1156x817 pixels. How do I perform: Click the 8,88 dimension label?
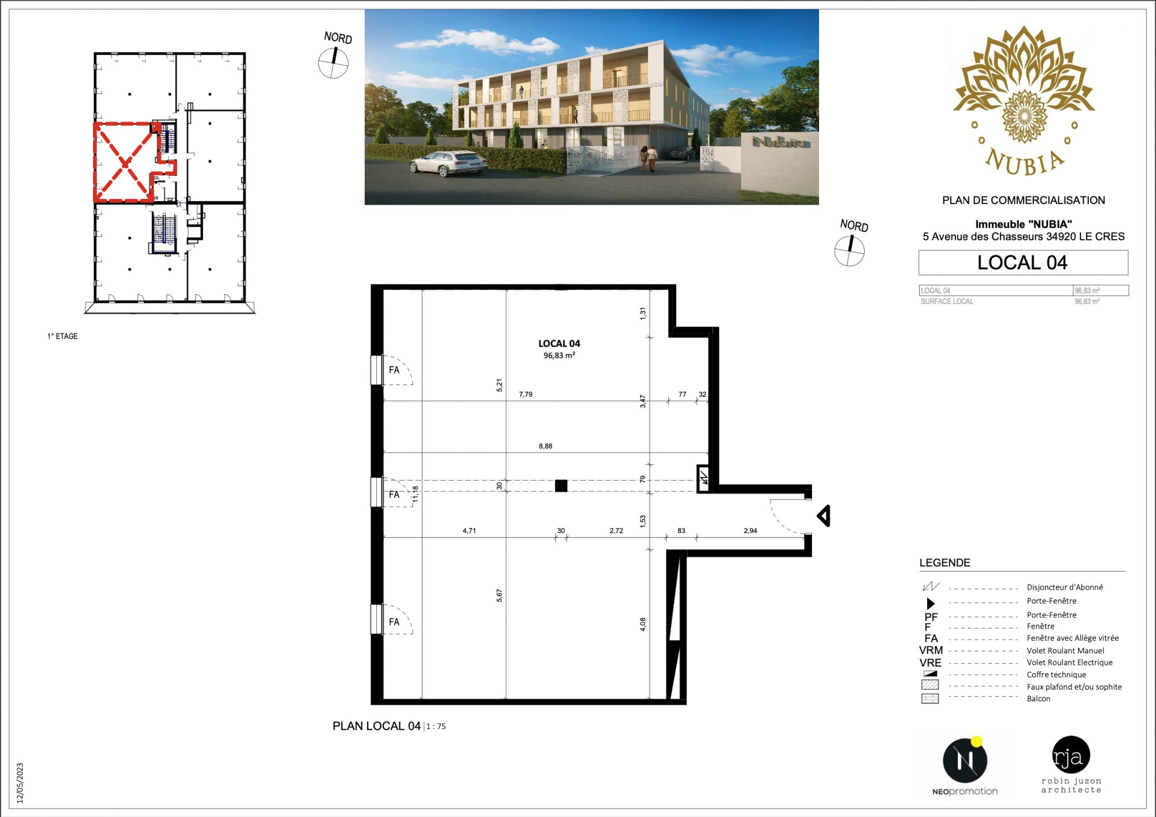[x=546, y=446]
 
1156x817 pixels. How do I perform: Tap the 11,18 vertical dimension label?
[x=415, y=494]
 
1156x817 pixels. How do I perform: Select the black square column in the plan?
[x=561, y=486]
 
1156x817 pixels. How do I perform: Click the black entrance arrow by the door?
[x=824, y=516]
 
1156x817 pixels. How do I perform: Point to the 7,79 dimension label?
[x=525, y=394]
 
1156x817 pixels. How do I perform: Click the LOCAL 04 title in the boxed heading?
[x=1022, y=263]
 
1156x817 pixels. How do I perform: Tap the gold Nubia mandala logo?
[x=1024, y=101]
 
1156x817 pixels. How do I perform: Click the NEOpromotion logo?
[x=965, y=767]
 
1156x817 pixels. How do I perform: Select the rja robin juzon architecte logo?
[x=1071, y=764]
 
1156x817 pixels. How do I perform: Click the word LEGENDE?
[x=944, y=563]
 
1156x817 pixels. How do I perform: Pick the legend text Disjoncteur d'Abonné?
[x=1065, y=587]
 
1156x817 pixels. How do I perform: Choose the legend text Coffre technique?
[x=1056, y=675]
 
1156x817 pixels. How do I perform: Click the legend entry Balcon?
[x=1038, y=698]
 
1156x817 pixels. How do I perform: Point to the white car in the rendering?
[x=448, y=163]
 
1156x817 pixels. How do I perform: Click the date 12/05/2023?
[x=20, y=783]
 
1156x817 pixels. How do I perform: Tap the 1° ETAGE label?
[x=62, y=336]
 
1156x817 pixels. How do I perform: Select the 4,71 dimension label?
[x=469, y=530]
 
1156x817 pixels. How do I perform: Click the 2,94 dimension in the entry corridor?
[x=750, y=530]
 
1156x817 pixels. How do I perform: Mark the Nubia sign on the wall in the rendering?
[x=778, y=142]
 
